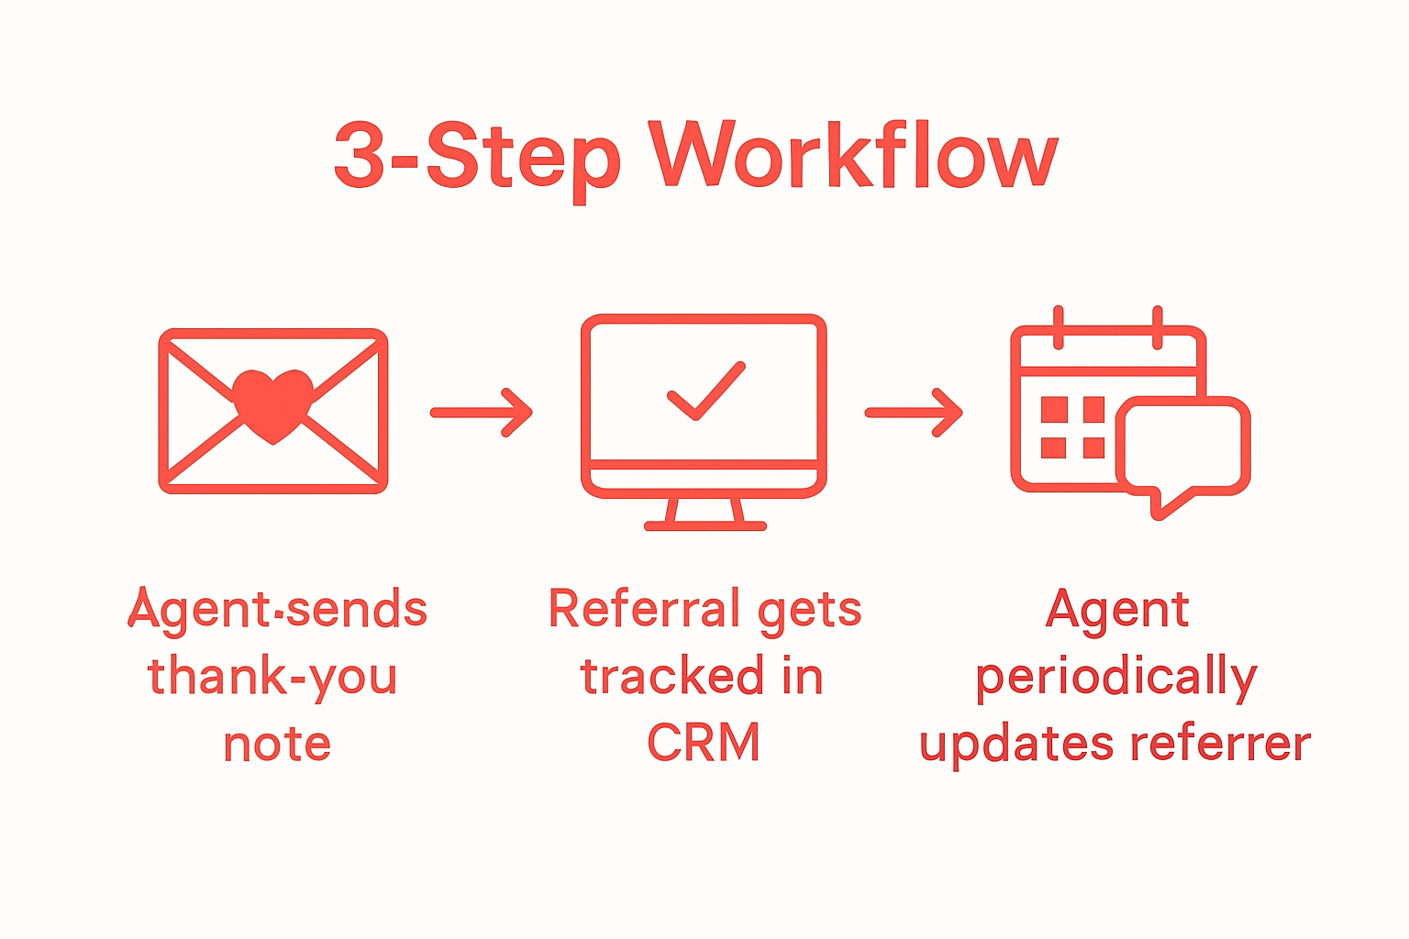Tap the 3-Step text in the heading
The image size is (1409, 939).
[477, 156]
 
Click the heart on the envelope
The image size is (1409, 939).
[272, 403]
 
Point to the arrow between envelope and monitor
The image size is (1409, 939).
[482, 413]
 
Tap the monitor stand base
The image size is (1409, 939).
[704, 525]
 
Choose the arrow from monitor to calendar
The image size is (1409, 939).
[914, 413]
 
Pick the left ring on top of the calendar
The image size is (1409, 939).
[1059, 326]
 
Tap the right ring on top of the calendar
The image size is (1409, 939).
[1157, 326]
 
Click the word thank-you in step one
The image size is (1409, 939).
[272, 677]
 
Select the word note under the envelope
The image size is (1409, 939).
[276, 744]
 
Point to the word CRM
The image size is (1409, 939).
[704, 744]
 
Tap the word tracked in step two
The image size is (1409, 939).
[671, 677]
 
